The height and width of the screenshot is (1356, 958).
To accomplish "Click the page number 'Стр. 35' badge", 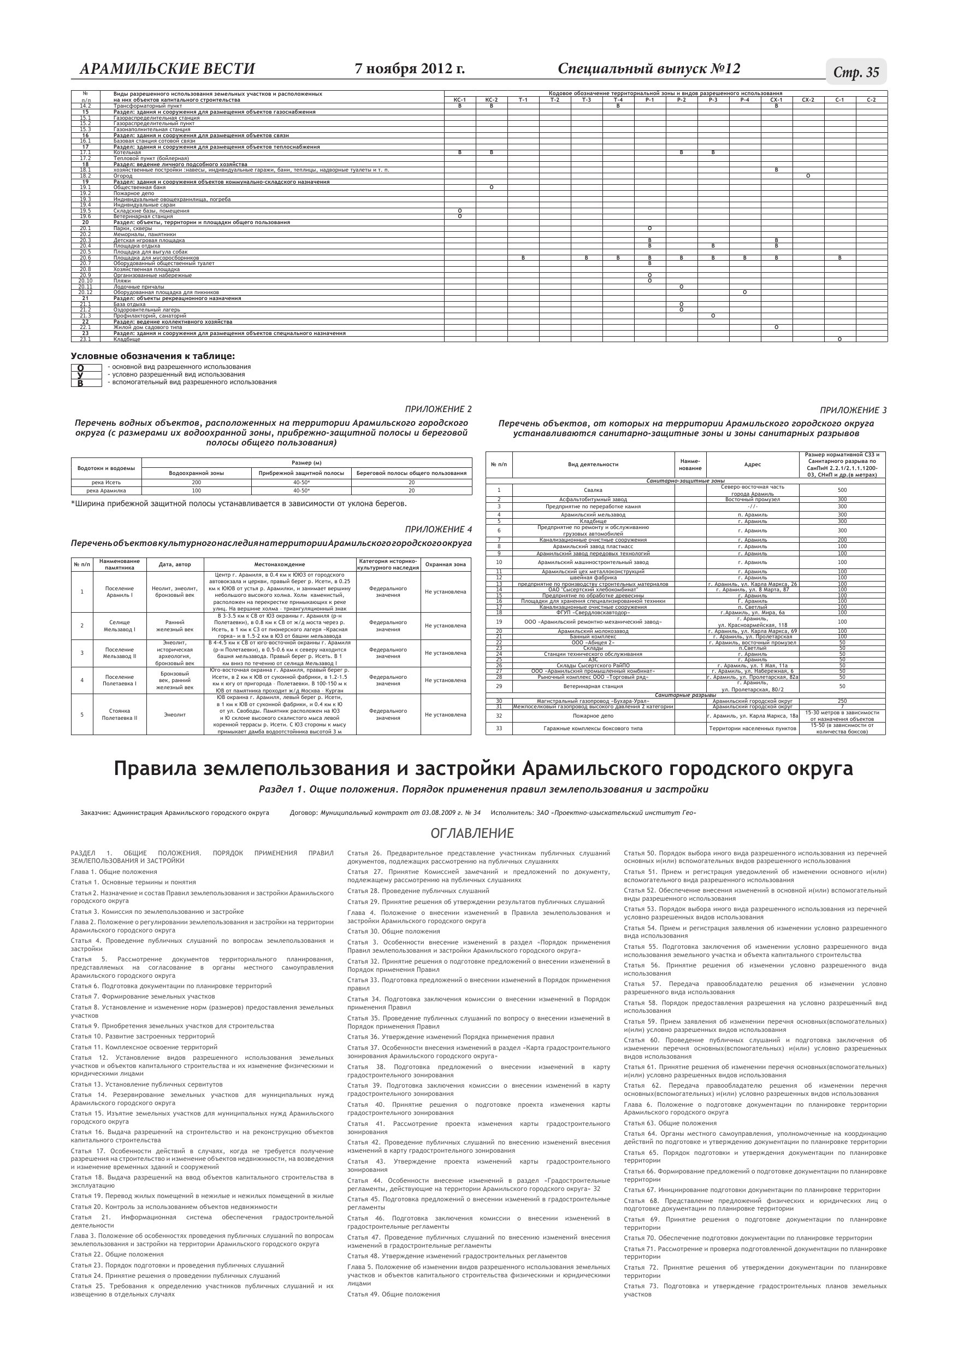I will (x=856, y=72).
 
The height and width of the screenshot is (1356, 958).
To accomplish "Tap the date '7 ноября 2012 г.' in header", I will (x=410, y=69).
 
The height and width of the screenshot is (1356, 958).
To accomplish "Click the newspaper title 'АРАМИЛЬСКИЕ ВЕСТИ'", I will (x=167, y=69).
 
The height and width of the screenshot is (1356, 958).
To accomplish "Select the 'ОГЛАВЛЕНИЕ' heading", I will (x=472, y=833).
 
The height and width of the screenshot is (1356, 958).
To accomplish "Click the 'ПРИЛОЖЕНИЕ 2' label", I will (x=438, y=409).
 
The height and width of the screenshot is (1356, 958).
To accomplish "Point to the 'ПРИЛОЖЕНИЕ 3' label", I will (x=853, y=410).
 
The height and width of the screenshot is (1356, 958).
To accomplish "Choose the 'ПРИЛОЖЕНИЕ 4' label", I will (x=438, y=529).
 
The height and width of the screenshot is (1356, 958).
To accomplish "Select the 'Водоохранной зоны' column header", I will (x=197, y=473).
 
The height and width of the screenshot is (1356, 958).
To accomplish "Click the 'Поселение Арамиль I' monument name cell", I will (x=120, y=592).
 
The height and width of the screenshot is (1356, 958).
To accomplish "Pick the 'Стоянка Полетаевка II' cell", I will (x=120, y=714).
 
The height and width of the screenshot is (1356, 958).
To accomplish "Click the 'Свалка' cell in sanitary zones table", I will (x=593, y=490).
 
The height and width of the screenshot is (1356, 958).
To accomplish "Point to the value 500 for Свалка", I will (x=842, y=490).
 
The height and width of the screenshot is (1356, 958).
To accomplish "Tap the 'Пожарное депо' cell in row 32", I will (x=593, y=716).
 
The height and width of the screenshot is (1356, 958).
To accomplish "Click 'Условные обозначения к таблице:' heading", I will (x=153, y=356).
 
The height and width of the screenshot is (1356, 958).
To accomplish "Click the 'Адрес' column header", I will (x=753, y=465).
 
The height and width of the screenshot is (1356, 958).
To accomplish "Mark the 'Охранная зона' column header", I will (x=446, y=565).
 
